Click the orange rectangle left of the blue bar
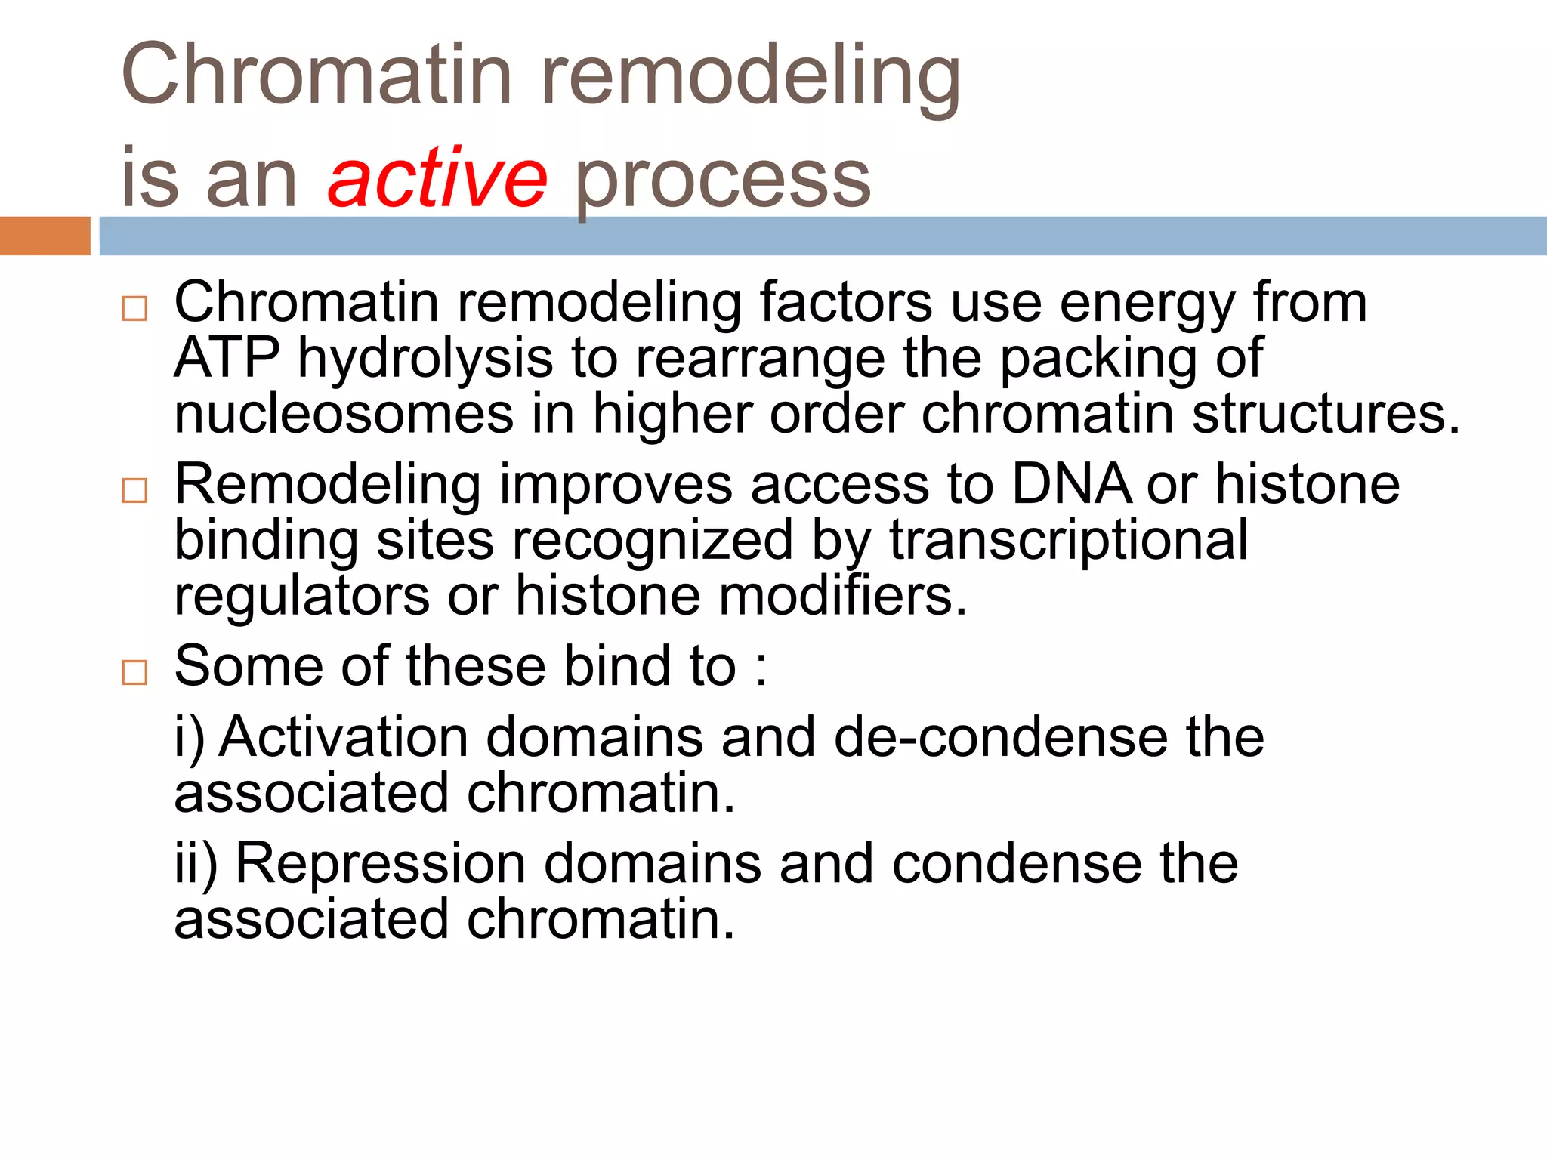[x=45, y=236]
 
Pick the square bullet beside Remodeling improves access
[x=134, y=491]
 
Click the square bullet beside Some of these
[x=134, y=671]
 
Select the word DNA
[x=1071, y=484]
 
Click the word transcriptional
[x=1068, y=540]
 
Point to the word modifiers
[x=842, y=596]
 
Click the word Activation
[x=344, y=736]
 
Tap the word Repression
[x=381, y=863]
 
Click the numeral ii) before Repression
[x=196, y=863]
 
